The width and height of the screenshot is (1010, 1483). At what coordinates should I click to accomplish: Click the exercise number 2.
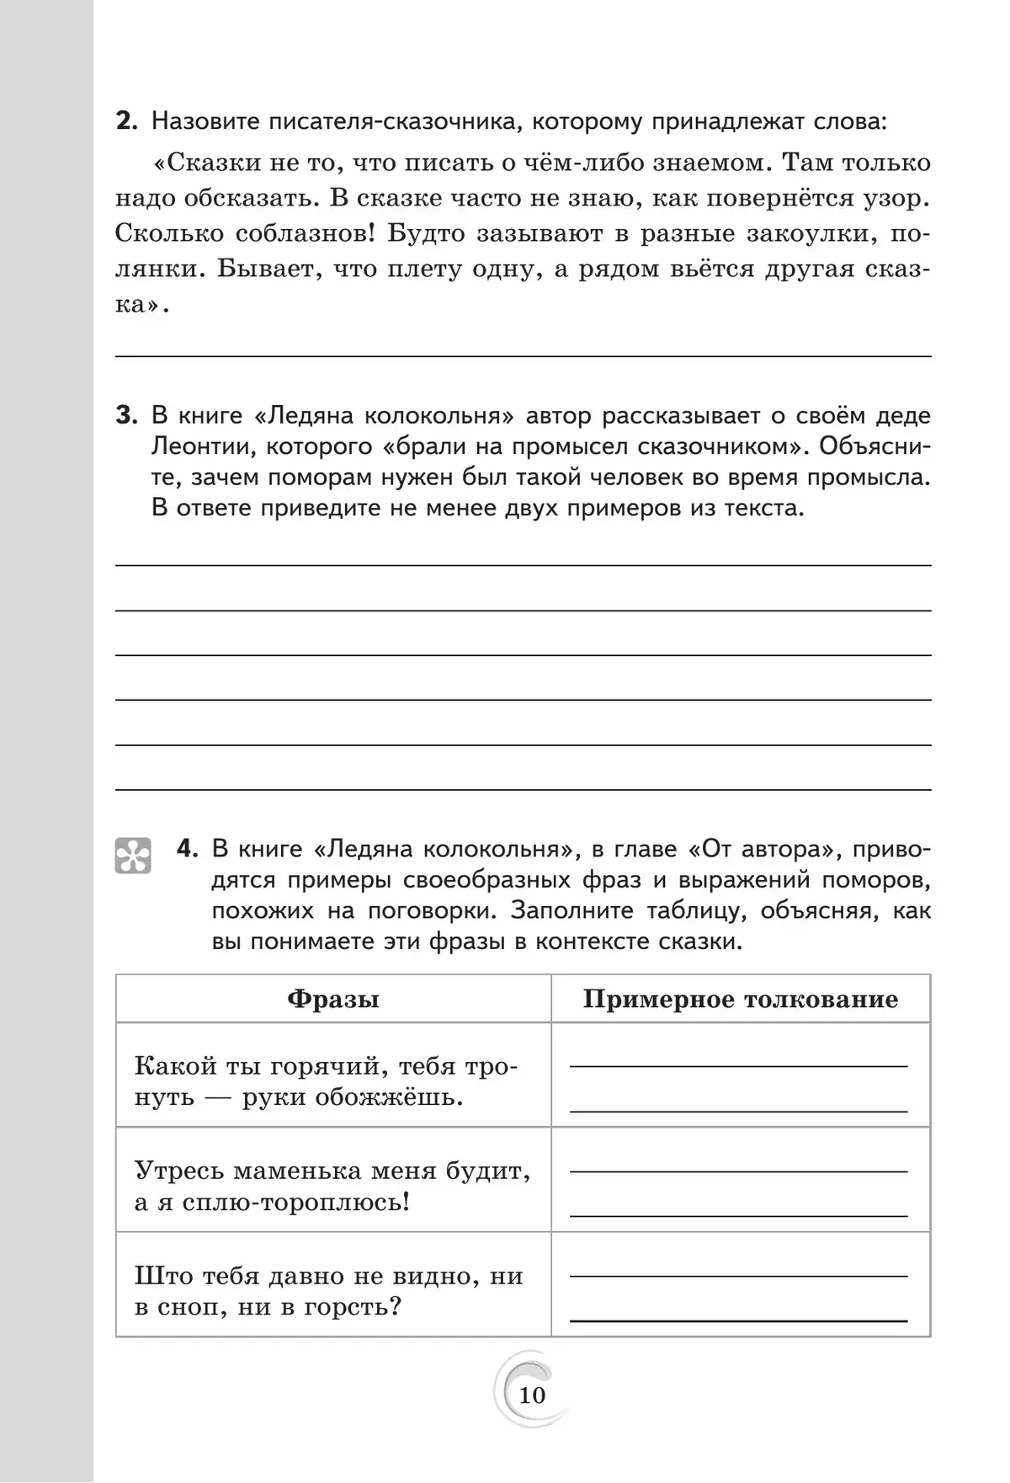[125, 121]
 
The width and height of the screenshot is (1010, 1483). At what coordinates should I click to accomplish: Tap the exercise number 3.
[125, 415]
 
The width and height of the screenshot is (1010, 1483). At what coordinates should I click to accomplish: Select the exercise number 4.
[188, 848]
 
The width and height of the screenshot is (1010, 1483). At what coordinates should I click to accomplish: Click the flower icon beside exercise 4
[133, 855]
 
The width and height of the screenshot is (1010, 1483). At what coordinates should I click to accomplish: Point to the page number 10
[532, 1395]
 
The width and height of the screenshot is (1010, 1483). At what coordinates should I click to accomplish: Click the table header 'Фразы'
[333, 999]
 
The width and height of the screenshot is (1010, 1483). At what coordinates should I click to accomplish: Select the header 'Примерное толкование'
[741, 999]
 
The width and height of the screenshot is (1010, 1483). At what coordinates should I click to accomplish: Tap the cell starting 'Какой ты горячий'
[333, 1081]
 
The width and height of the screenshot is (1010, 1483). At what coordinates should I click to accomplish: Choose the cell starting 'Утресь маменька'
[333, 1186]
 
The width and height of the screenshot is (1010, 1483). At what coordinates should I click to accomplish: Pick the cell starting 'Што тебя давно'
[333, 1290]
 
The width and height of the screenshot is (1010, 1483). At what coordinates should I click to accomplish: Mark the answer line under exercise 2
[522, 355]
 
